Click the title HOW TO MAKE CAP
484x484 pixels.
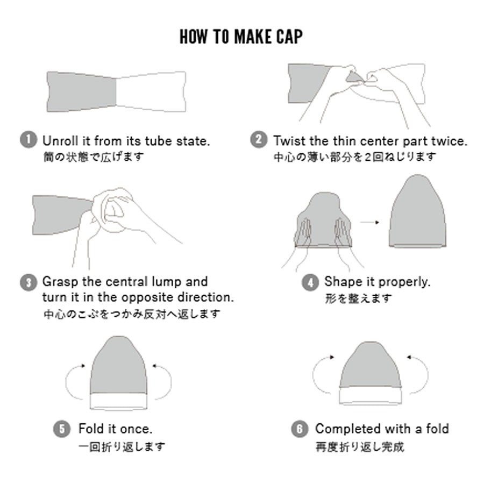click(241, 37)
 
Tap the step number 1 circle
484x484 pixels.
click(29, 139)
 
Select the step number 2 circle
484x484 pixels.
click(259, 139)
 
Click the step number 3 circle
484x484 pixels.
click(29, 282)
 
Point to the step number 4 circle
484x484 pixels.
click(310, 282)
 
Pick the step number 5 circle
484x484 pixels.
click(62, 429)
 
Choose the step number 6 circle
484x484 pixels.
click(300, 429)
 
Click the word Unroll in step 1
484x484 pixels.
click(60, 141)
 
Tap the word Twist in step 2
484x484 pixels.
click(289, 141)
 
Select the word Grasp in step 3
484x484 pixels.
click(60, 282)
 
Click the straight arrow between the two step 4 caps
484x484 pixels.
click(369, 222)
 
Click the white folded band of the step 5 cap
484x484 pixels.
click(118, 401)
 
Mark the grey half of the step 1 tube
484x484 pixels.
click(82, 91)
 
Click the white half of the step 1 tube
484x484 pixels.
click(151, 91)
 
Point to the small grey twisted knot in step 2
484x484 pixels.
click(354, 76)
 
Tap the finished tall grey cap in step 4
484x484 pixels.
click(417, 213)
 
